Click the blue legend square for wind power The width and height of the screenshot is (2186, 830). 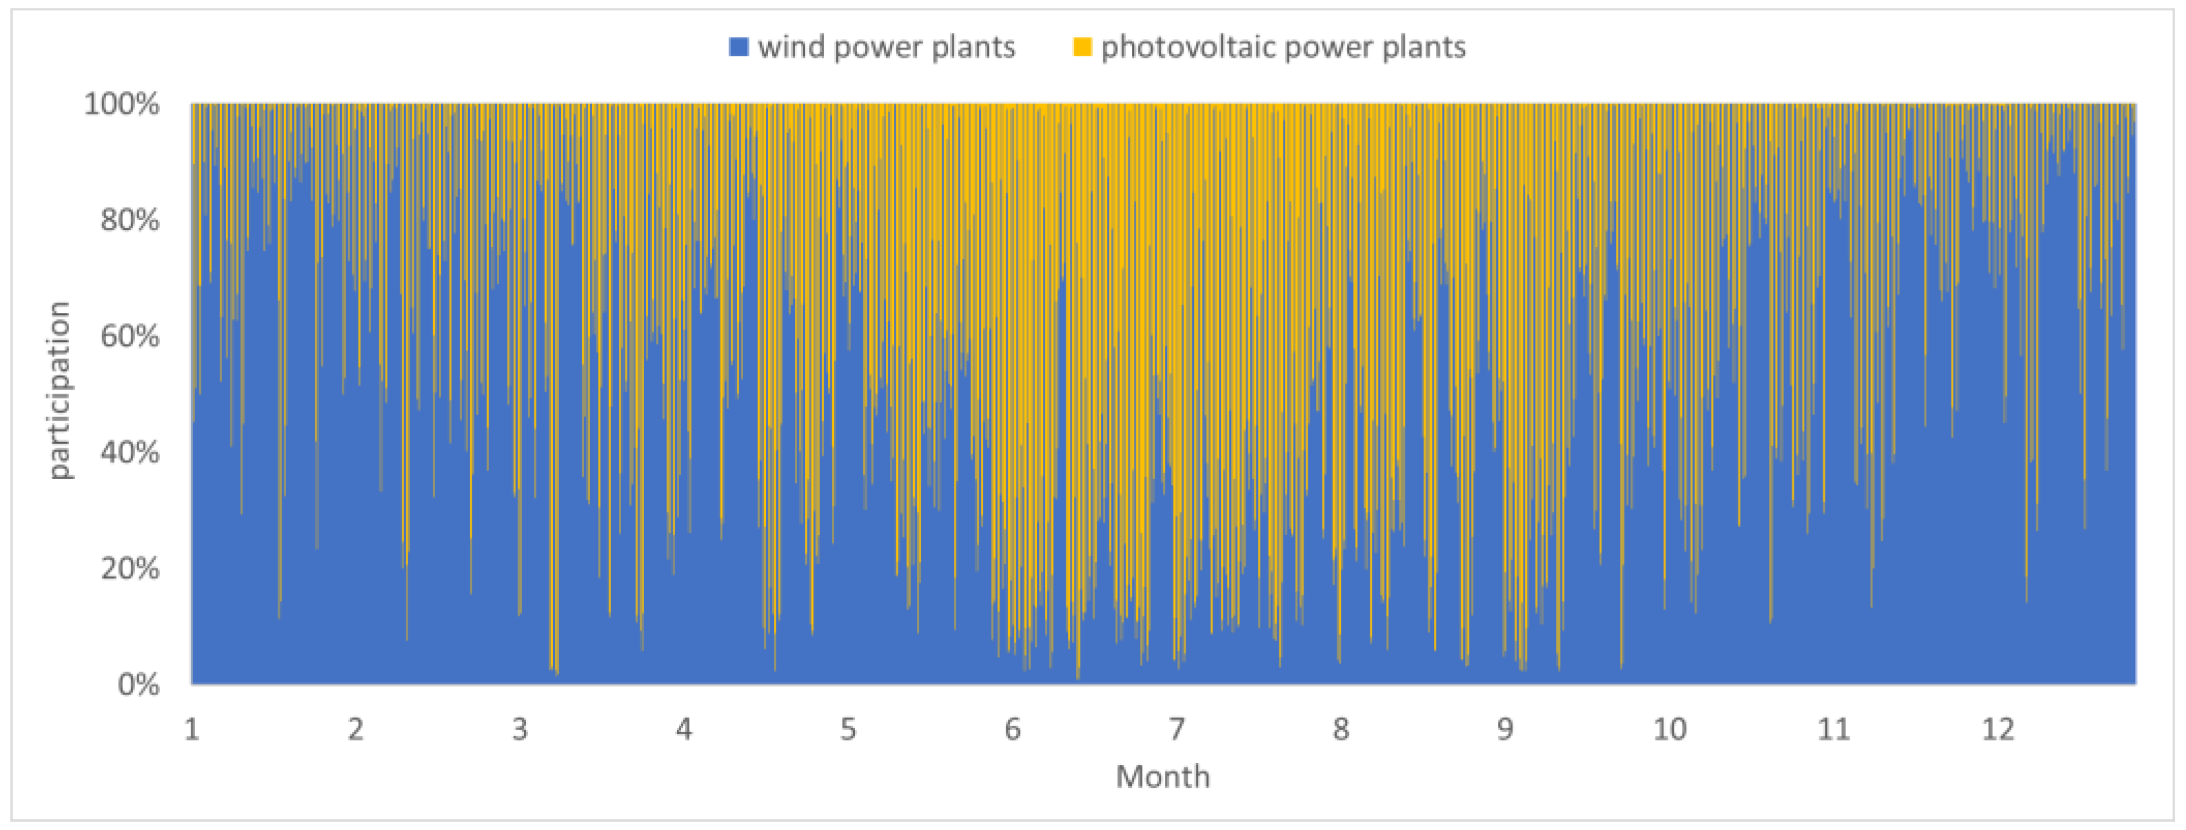[x=738, y=48]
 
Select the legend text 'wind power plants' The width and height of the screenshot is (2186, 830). [x=886, y=48]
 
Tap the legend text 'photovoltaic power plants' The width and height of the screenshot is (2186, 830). [x=1283, y=48]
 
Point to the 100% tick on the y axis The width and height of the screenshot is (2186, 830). [x=121, y=104]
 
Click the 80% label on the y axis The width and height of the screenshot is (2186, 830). [x=129, y=221]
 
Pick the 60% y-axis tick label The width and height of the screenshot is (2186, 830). [x=129, y=336]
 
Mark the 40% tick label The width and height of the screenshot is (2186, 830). [x=129, y=452]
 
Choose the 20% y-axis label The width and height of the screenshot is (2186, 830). [x=129, y=568]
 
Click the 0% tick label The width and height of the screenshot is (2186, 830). [x=137, y=684]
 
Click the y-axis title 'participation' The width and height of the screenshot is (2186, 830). [x=59, y=390]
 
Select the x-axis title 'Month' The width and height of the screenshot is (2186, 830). [x=1162, y=776]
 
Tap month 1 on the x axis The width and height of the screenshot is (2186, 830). [x=192, y=729]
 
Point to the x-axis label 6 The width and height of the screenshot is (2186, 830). [x=1013, y=729]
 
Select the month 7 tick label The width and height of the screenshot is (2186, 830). [x=1176, y=729]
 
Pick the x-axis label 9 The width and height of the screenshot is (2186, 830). [x=1505, y=729]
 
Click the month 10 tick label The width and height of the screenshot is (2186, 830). [x=1669, y=729]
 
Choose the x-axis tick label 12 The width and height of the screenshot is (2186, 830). [x=1998, y=729]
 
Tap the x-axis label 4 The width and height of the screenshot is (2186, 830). [x=684, y=729]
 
